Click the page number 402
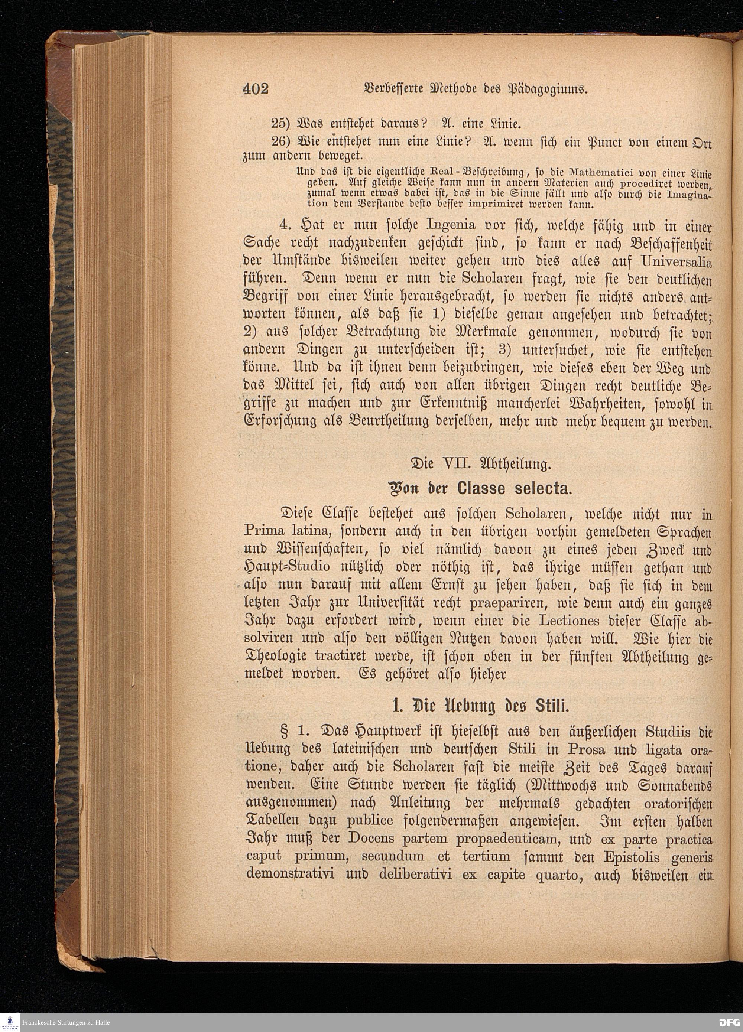(256, 89)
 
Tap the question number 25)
(281, 123)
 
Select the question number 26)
(281, 141)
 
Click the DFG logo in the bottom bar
(729, 1022)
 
